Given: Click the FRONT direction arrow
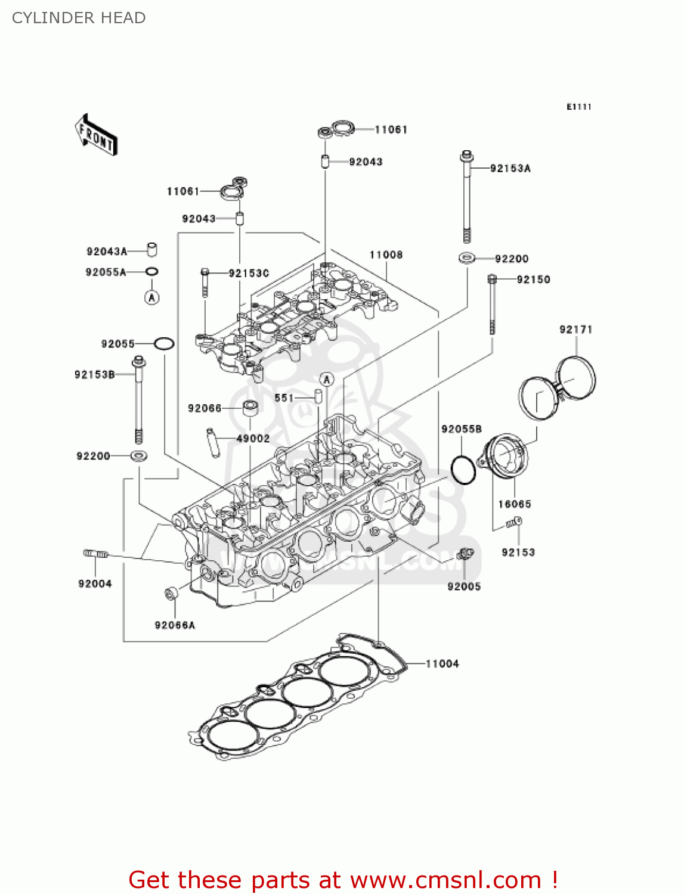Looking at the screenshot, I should click(95, 135).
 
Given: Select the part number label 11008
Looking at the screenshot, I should click(386, 255).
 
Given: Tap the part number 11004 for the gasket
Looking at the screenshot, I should click(442, 664).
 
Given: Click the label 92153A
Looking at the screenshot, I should click(510, 169).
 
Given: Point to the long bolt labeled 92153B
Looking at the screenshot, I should click(139, 399).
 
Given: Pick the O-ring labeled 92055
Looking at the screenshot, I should click(164, 344).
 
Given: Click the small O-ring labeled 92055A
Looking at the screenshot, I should click(152, 272).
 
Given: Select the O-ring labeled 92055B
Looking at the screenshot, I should click(463, 470).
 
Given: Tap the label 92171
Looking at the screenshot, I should click(575, 330).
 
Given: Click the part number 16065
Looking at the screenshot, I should click(514, 504).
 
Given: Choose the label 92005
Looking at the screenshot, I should click(464, 586).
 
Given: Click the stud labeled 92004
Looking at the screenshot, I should click(95, 554).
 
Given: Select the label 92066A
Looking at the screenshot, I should click(175, 625).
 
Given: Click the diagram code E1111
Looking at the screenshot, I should click(578, 107).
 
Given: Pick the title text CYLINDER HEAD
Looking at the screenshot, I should click(79, 18).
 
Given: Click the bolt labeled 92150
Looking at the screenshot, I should click(493, 304).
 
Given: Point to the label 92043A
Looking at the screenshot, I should click(107, 252).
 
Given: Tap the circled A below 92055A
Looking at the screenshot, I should click(152, 297).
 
